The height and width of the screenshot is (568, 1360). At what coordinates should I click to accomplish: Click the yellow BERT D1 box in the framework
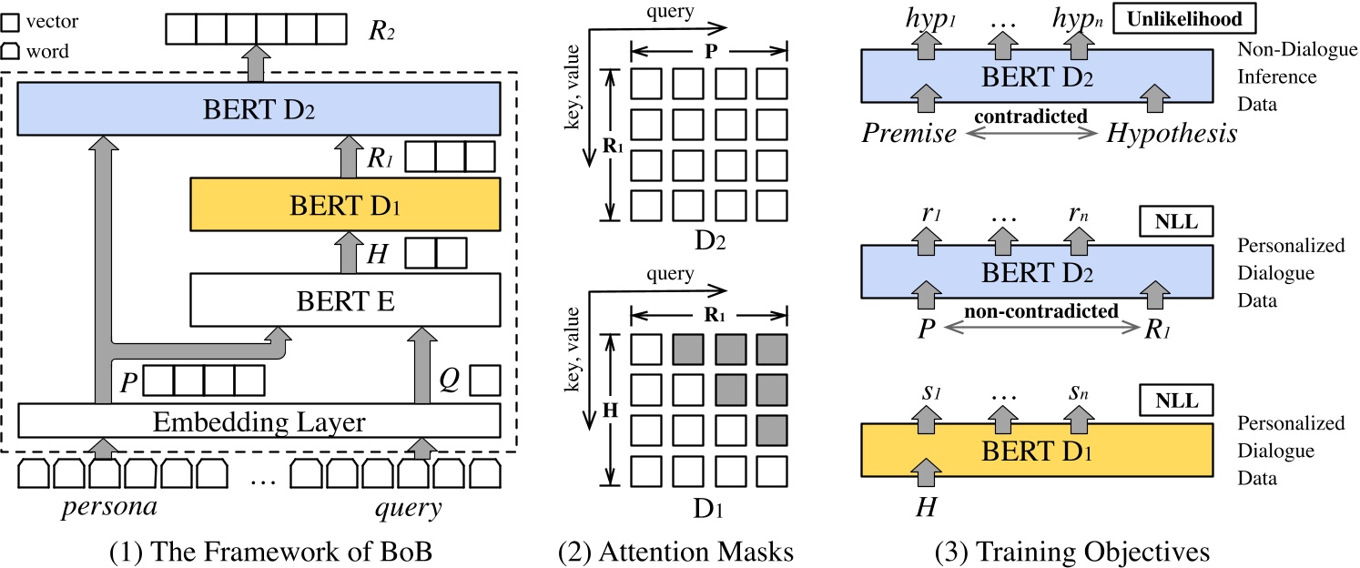tap(345, 203)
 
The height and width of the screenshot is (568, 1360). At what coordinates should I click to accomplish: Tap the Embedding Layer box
tap(259, 422)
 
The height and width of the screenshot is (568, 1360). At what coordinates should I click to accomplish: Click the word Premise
tap(908, 134)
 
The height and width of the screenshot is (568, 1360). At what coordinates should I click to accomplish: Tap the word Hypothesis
tap(1172, 134)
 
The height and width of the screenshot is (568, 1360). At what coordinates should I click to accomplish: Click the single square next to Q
tap(485, 380)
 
